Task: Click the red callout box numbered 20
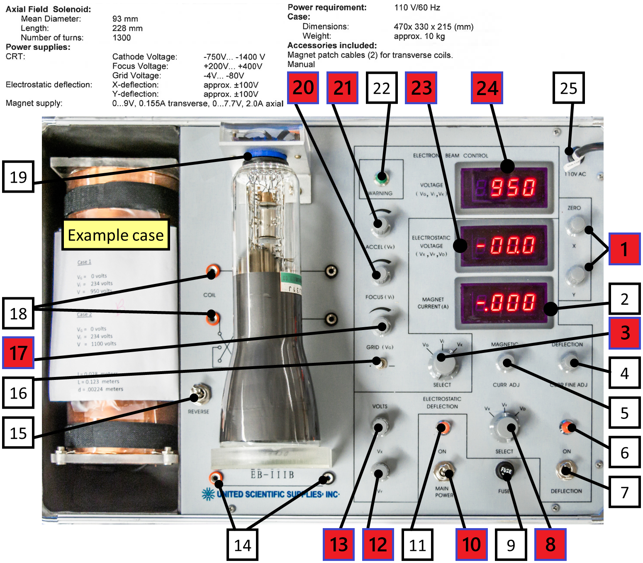[303, 88]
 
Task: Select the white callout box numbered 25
[568, 88]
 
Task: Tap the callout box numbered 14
[242, 545]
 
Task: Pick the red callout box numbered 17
[18, 352]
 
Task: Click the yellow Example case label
[116, 235]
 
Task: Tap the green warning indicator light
[380, 178]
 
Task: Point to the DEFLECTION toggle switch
[565, 470]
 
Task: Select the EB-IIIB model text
[272, 475]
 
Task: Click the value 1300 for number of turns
[122, 38]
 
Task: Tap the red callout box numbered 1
[624, 249]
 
